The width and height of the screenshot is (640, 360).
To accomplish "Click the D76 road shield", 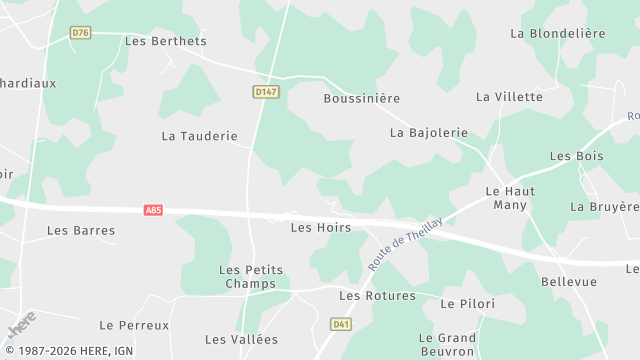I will click(x=81, y=33).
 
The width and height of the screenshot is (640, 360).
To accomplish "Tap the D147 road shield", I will click(x=265, y=92).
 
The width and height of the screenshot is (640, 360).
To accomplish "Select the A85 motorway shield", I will click(x=153, y=210).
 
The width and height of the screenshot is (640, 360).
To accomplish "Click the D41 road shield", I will click(x=341, y=325).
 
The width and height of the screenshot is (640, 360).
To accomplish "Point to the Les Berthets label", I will click(x=166, y=41).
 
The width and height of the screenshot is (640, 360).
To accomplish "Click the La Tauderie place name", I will click(x=200, y=136).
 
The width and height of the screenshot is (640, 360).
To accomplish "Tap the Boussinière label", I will click(x=362, y=99).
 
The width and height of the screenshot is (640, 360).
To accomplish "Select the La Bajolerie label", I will click(x=429, y=132).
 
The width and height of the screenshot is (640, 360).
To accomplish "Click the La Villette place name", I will click(x=509, y=97).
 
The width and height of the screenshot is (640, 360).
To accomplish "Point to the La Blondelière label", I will click(x=558, y=33).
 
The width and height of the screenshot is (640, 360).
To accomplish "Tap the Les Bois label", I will click(x=577, y=156).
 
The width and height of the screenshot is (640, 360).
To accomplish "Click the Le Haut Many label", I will click(x=510, y=198).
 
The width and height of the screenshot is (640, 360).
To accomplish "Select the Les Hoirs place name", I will click(x=320, y=228).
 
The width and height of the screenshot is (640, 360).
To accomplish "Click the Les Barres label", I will click(x=81, y=231).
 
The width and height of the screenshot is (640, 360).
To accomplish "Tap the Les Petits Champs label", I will click(x=251, y=277).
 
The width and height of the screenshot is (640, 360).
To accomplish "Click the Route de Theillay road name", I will click(x=406, y=236).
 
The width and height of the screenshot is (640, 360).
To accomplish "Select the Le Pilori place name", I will click(x=468, y=304).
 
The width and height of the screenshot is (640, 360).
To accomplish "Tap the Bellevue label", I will click(x=569, y=283).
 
